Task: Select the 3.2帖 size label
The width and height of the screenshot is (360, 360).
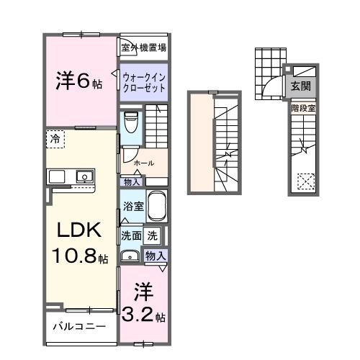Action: click(x=144, y=315)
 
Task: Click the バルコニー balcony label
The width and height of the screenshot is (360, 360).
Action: click(x=80, y=326)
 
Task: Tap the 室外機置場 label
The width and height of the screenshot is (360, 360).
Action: click(x=144, y=48)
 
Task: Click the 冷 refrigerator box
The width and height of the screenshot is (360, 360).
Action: click(x=56, y=138)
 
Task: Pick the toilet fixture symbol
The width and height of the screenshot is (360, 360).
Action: click(x=131, y=124)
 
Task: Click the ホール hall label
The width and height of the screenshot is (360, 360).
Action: click(x=144, y=163)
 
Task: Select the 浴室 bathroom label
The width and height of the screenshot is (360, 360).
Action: click(x=132, y=205)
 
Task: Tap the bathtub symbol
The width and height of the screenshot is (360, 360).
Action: click(x=157, y=207)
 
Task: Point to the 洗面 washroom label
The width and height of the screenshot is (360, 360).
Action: click(x=131, y=235)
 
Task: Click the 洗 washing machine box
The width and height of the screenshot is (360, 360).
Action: click(x=153, y=235)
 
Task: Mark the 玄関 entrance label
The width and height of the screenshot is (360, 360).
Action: click(x=301, y=85)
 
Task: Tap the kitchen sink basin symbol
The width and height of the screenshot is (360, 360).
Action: click(x=85, y=176)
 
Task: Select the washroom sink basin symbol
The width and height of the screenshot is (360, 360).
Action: click(x=130, y=256)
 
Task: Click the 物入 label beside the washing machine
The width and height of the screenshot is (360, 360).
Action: click(x=156, y=256)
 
